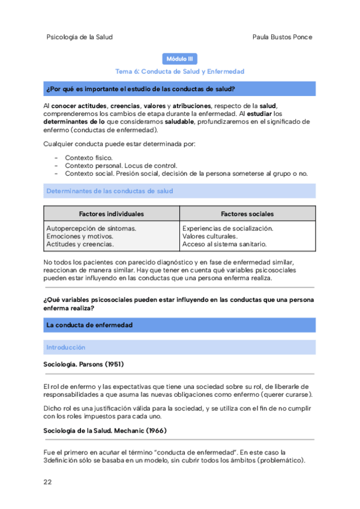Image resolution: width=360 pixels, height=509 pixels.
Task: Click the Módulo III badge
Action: pos(179,59)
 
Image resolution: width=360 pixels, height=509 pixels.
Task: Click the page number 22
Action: pos(48,482)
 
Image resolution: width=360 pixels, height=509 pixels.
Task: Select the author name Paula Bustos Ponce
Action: pos(283,37)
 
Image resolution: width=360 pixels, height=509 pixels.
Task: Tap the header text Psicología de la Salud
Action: pos(79,37)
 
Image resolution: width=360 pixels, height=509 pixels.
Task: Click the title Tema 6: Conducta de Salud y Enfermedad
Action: pos(179,71)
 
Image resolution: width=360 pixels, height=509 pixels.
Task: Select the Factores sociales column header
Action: pos(247,214)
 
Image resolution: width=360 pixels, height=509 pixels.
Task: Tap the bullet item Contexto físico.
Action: pos(88,157)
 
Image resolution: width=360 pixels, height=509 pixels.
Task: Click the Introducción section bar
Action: pos(66,348)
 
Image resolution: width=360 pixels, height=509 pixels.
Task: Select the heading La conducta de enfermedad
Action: pos(89,325)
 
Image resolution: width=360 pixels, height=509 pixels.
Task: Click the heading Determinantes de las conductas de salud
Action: pos(109,191)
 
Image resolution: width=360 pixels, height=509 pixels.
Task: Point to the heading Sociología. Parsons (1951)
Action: pos(84,364)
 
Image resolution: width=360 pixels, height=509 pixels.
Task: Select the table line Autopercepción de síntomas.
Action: pos(91,229)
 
